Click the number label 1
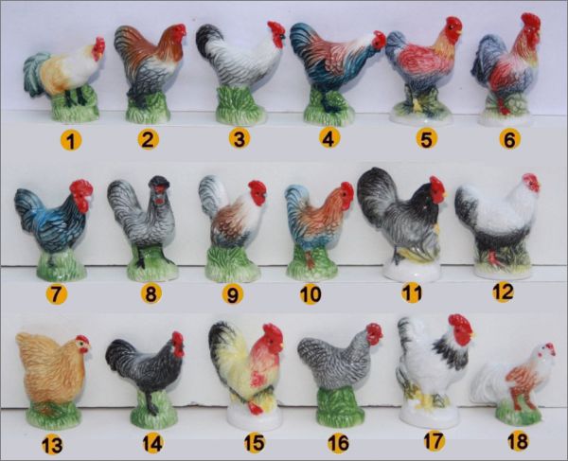tap(71, 140)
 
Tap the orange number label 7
tap(56, 293)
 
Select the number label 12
tap(503, 291)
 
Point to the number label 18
tap(518, 441)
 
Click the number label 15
tap(254, 442)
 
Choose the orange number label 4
tap(328, 138)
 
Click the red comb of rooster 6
tap(531, 23)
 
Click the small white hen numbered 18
tap(514, 384)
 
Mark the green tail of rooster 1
tap(36, 73)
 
